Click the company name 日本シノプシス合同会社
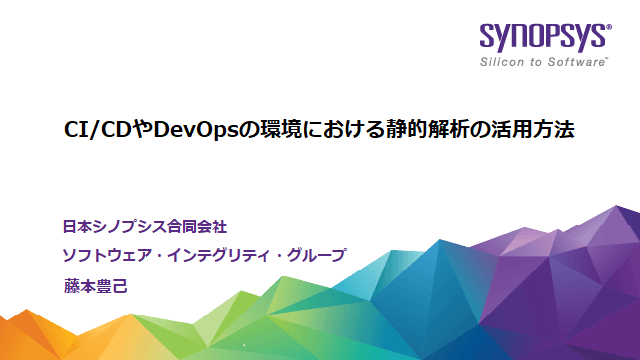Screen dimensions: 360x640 pos(151,226)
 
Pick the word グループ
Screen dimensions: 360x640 pos(314,256)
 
